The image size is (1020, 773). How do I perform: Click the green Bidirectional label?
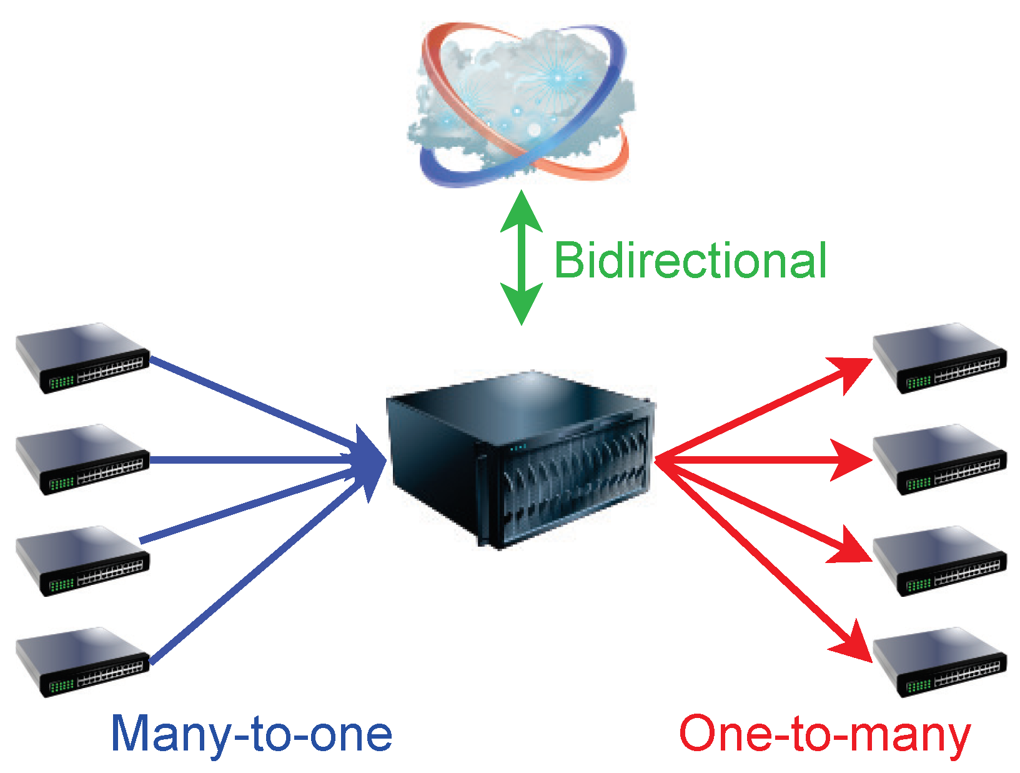click(x=690, y=261)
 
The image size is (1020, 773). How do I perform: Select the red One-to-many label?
click(x=824, y=734)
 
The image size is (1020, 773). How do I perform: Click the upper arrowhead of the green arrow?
click(x=522, y=212)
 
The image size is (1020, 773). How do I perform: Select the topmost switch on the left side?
click(x=82, y=357)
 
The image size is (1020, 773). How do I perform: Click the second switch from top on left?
click(x=82, y=459)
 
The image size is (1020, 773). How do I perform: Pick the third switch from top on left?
click(x=82, y=561)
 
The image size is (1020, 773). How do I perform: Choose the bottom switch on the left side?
click(x=82, y=662)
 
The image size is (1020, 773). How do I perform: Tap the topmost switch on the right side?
click(x=939, y=357)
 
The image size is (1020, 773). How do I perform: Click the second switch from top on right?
click(x=939, y=459)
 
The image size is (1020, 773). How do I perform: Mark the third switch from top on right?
click(x=939, y=561)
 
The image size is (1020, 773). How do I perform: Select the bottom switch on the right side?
click(x=939, y=662)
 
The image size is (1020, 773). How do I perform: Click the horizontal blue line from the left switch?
click(x=250, y=461)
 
